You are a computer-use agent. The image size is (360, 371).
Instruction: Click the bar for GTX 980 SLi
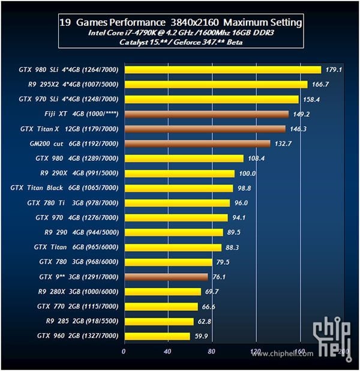222,70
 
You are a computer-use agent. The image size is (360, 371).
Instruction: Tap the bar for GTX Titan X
204,129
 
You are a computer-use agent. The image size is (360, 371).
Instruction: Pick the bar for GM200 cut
197,143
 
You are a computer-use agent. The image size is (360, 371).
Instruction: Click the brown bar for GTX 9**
166,277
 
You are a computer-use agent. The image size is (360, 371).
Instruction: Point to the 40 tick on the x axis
168,351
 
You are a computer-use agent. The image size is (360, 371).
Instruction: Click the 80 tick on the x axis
212,351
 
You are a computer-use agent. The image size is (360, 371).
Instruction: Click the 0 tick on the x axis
124,351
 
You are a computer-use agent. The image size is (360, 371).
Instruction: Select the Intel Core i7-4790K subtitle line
181,33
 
